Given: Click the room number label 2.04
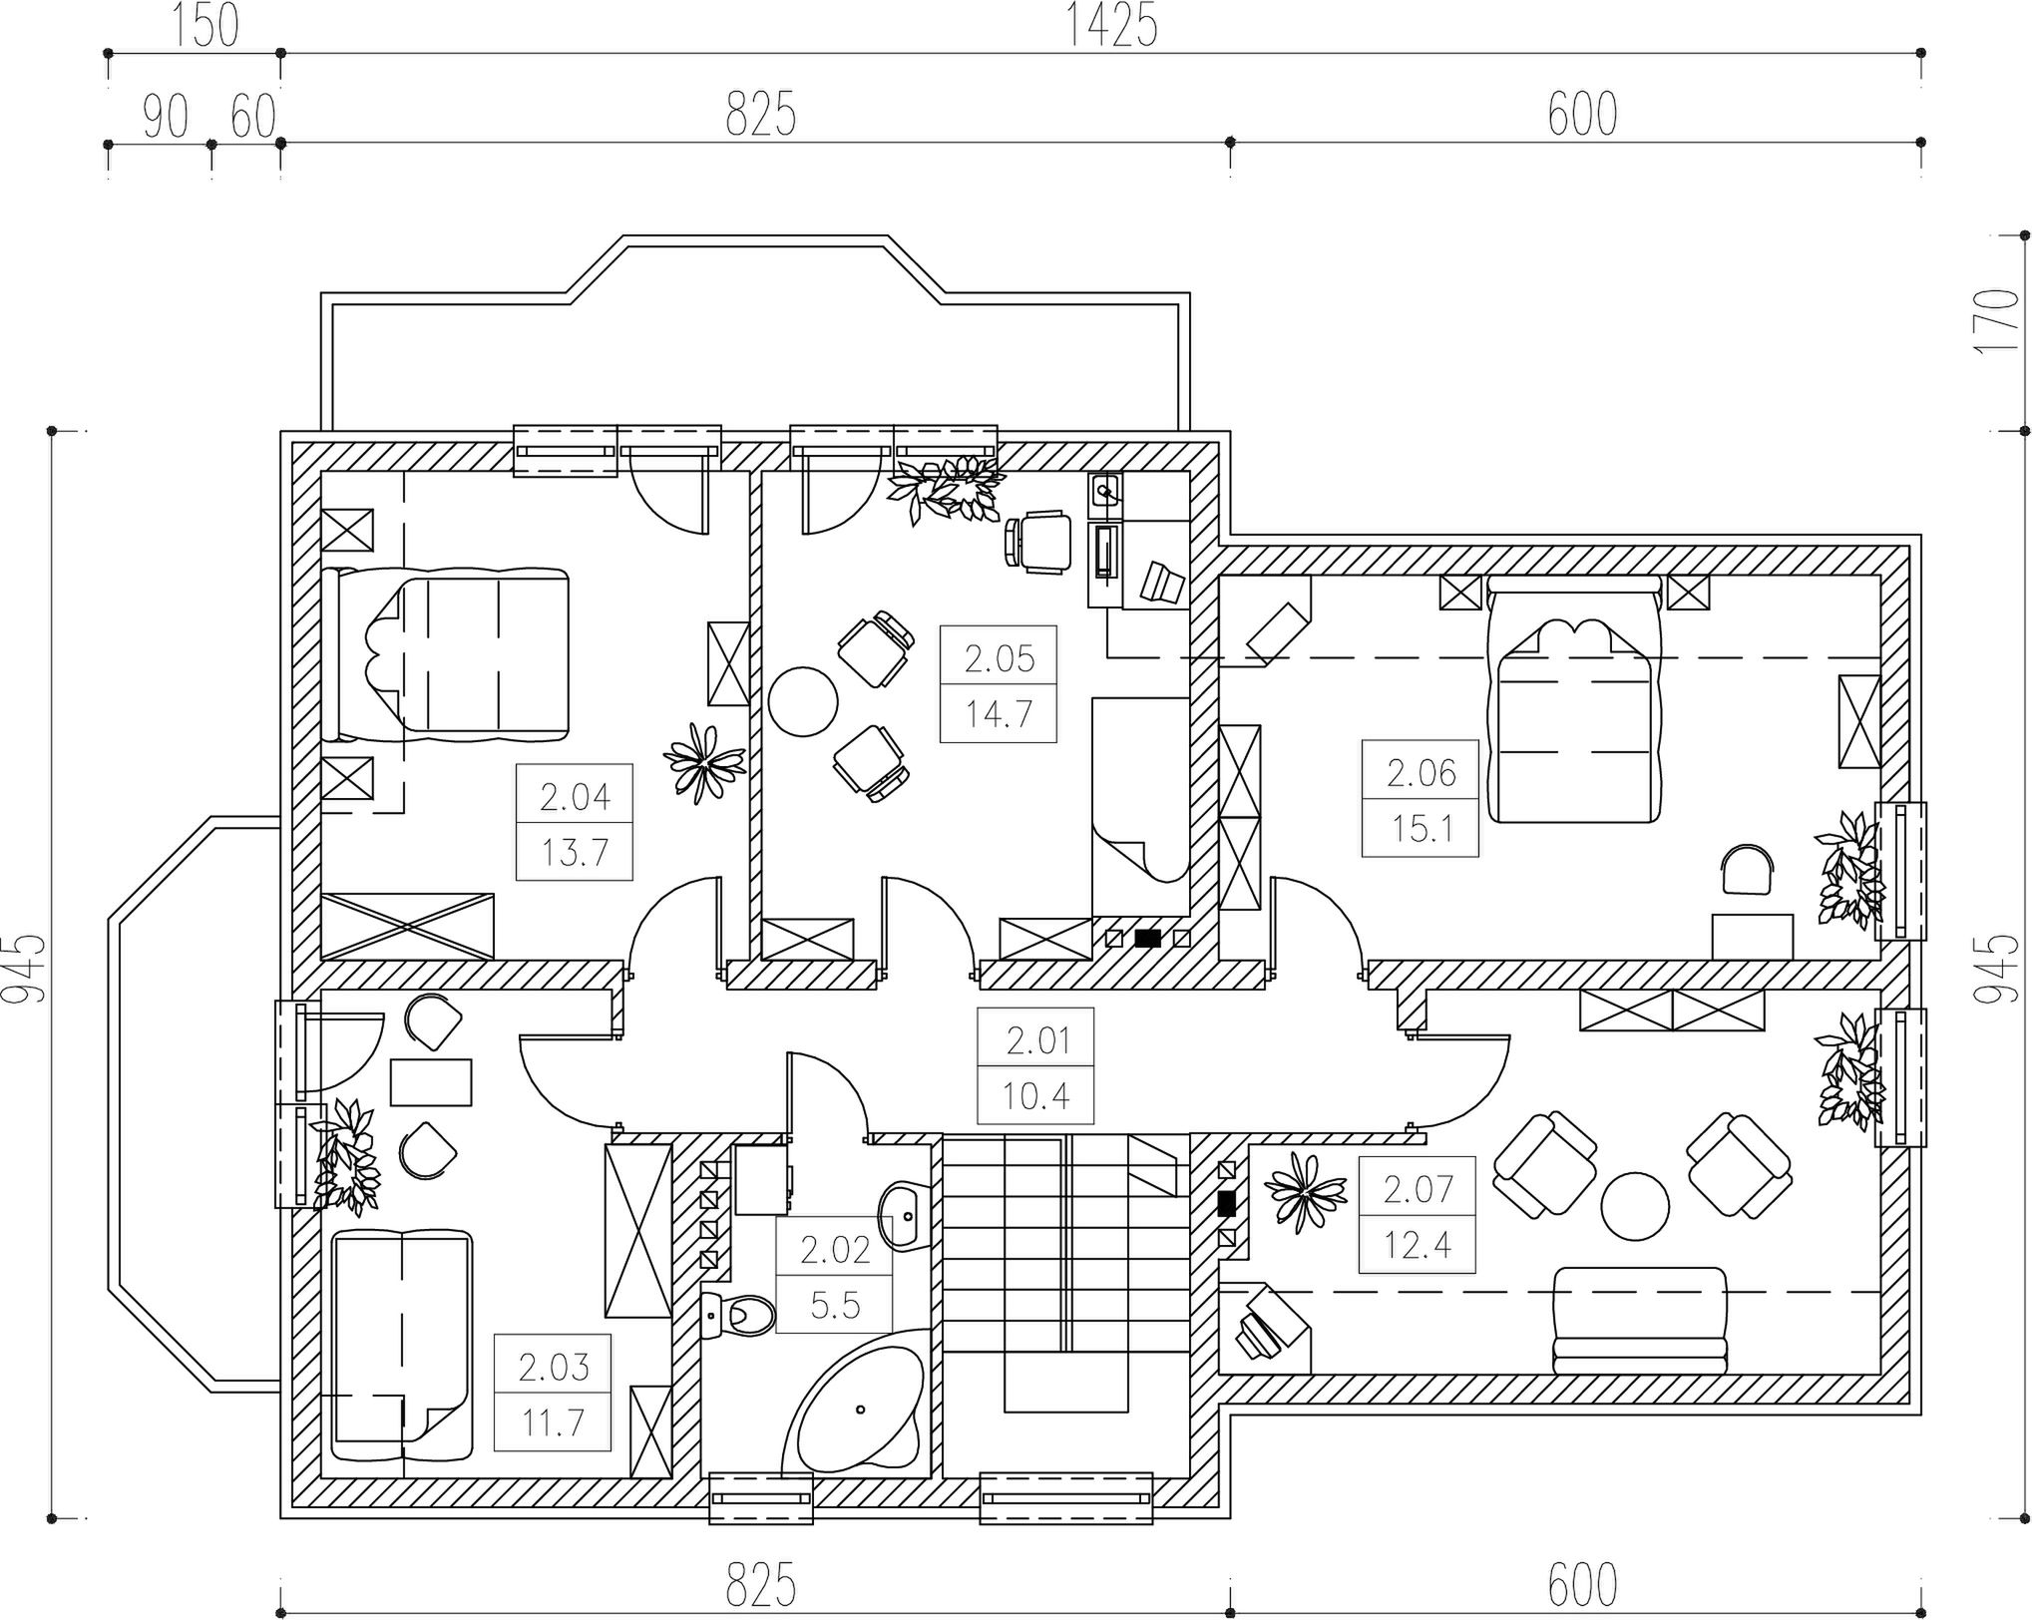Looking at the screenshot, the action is [x=575, y=797].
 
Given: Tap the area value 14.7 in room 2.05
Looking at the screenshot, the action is [x=998, y=714].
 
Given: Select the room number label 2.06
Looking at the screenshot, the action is [x=1421, y=773].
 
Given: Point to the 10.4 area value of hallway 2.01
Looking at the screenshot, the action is [x=1035, y=1097].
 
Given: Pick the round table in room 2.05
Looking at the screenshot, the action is [x=803, y=701].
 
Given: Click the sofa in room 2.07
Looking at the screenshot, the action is [x=1639, y=1321].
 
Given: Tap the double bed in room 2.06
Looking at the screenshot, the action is [x=1574, y=698].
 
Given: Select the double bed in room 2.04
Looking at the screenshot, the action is [x=445, y=654].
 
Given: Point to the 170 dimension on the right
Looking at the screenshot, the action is [x=1998, y=320].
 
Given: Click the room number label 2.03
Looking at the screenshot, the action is [x=553, y=1367].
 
